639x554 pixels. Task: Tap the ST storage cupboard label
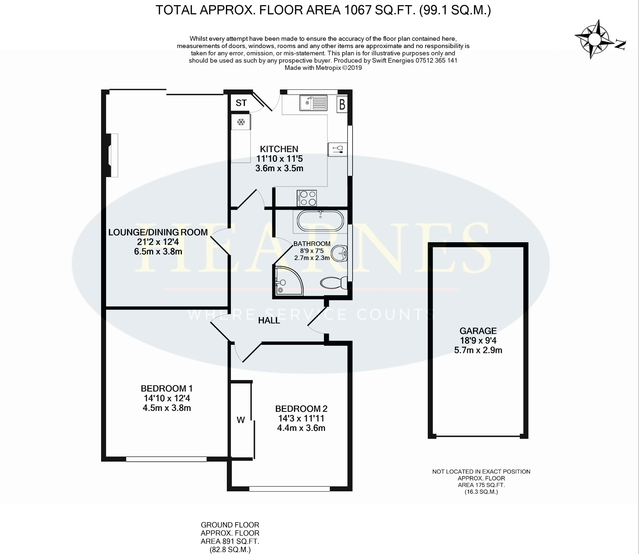pyautogui.click(x=241, y=103)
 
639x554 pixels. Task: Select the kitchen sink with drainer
pyautogui.click(x=314, y=103)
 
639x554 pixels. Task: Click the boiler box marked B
pyautogui.click(x=342, y=104)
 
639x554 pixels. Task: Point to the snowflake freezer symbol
pyautogui.click(x=241, y=122)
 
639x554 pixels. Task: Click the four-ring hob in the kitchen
pyautogui.click(x=307, y=198)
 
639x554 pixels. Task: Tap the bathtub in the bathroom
pyautogui.click(x=320, y=221)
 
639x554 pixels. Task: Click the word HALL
pyautogui.click(x=269, y=320)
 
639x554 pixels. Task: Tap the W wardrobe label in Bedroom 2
pyautogui.click(x=241, y=420)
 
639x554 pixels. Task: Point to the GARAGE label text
pyautogui.click(x=478, y=331)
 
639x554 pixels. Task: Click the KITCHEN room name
pyautogui.click(x=279, y=149)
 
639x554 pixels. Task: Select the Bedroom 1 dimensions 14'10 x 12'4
pyautogui.click(x=167, y=398)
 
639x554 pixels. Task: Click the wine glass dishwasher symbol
pyautogui.click(x=338, y=149)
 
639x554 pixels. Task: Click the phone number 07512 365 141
pyautogui.click(x=436, y=60)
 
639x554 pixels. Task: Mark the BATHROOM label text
pyautogui.click(x=312, y=244)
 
